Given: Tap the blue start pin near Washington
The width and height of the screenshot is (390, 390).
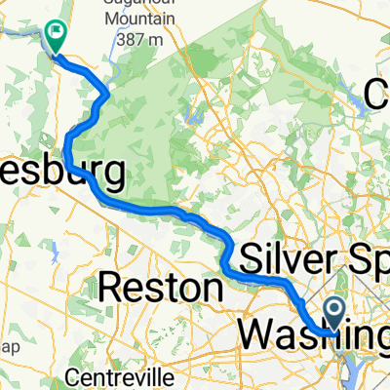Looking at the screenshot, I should pos(333,314).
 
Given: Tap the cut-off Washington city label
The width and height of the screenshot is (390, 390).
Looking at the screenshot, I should pos(312,333).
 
